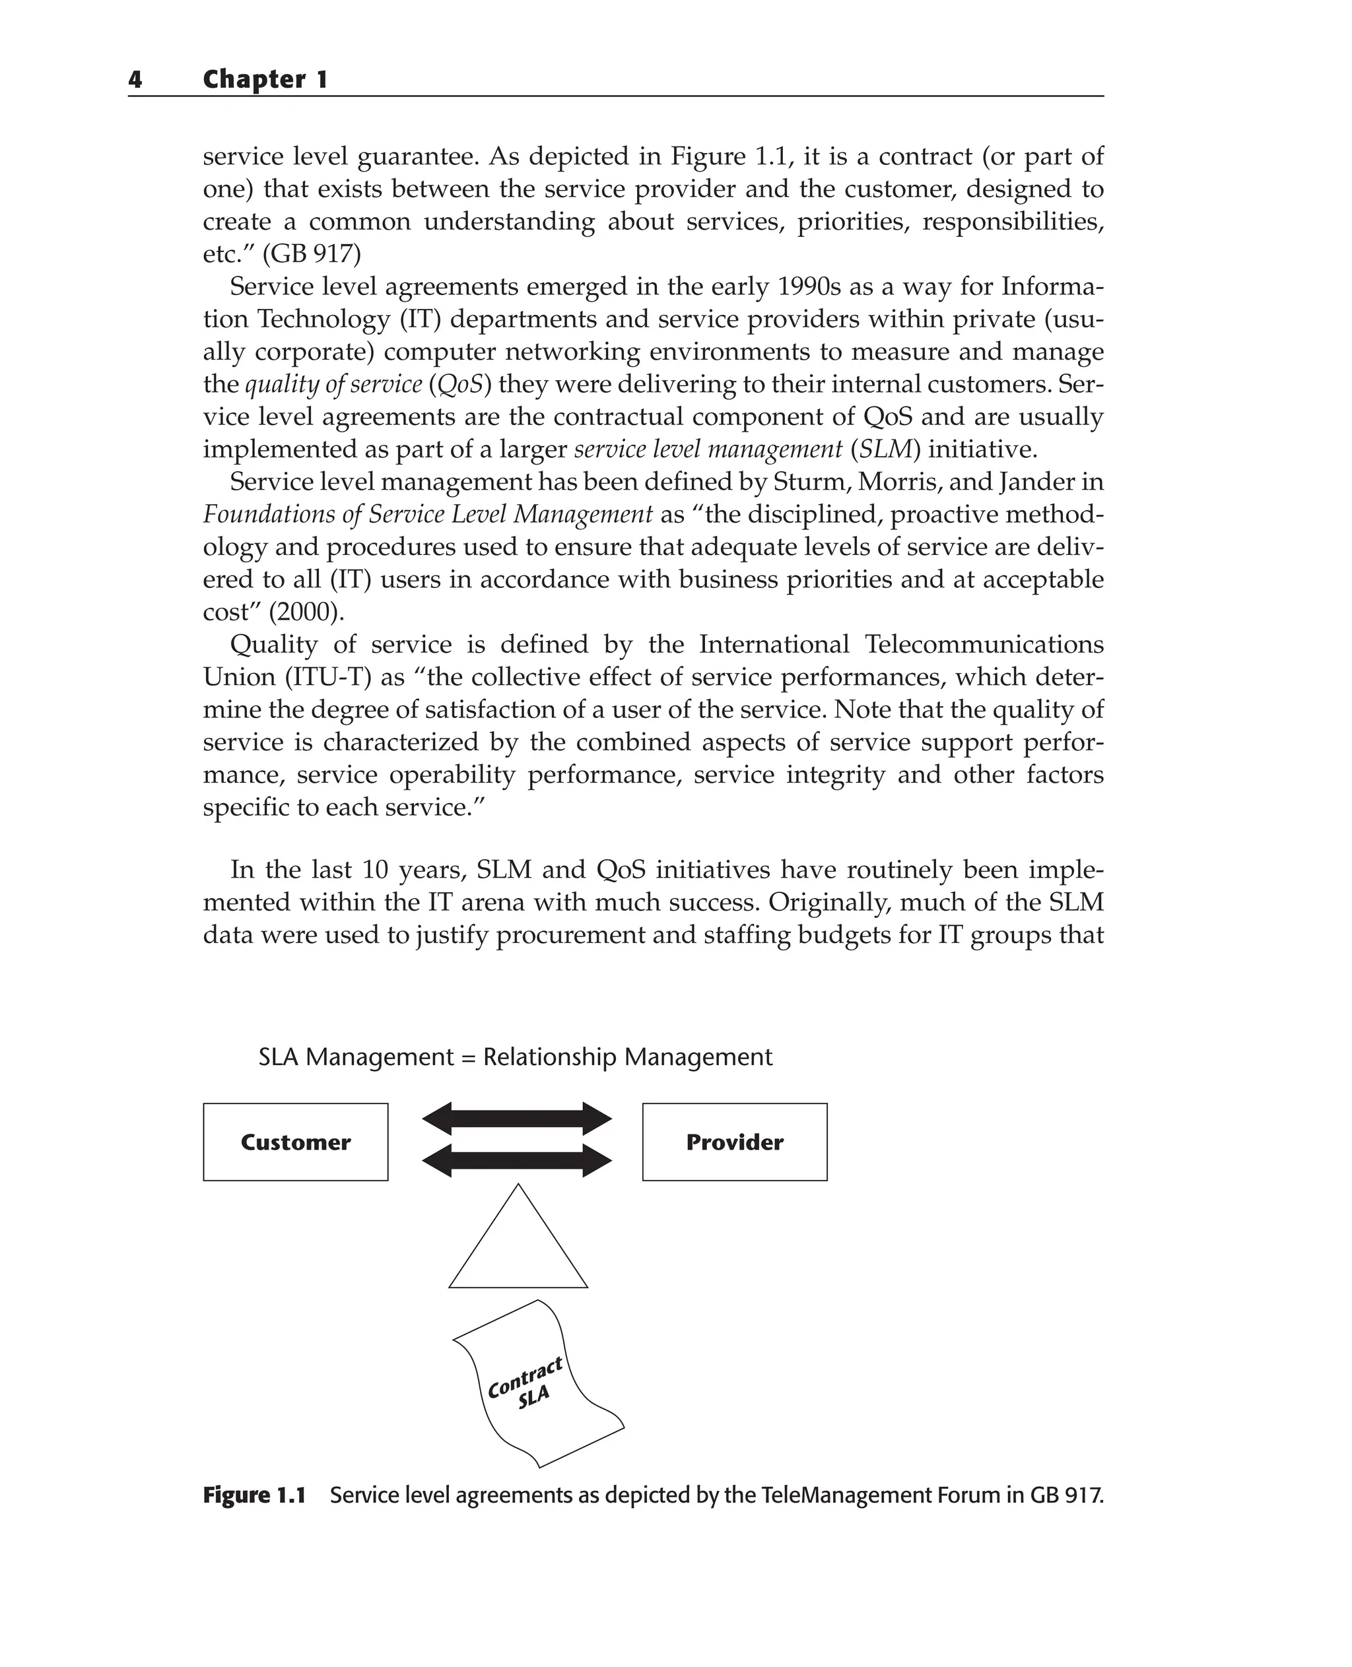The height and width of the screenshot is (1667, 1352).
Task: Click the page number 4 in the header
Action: tap(135, 79)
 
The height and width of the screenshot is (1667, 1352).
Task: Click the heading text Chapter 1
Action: tap(265, 79)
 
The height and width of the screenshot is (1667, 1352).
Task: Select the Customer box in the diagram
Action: tap(295, 1142)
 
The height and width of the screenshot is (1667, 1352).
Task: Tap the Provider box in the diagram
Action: tap(734, 1142)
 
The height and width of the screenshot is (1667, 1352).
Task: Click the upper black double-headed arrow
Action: tap(517, 1119)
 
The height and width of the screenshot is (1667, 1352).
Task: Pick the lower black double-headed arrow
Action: tap(517, 1161)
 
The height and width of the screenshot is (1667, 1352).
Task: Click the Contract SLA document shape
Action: tap(537, 1389)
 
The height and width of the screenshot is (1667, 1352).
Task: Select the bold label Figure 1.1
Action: tap(254, 1495)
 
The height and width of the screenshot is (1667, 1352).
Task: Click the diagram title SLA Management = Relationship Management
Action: tap(515, 1057)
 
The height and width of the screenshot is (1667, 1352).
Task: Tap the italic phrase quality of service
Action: tap(333, 385)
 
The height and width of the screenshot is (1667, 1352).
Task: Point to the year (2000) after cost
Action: tap(305, 612)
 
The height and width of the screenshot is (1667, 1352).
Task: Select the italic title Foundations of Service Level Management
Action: tap(428, 515)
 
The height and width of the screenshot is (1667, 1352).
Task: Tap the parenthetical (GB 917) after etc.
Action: tap(316, 255)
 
